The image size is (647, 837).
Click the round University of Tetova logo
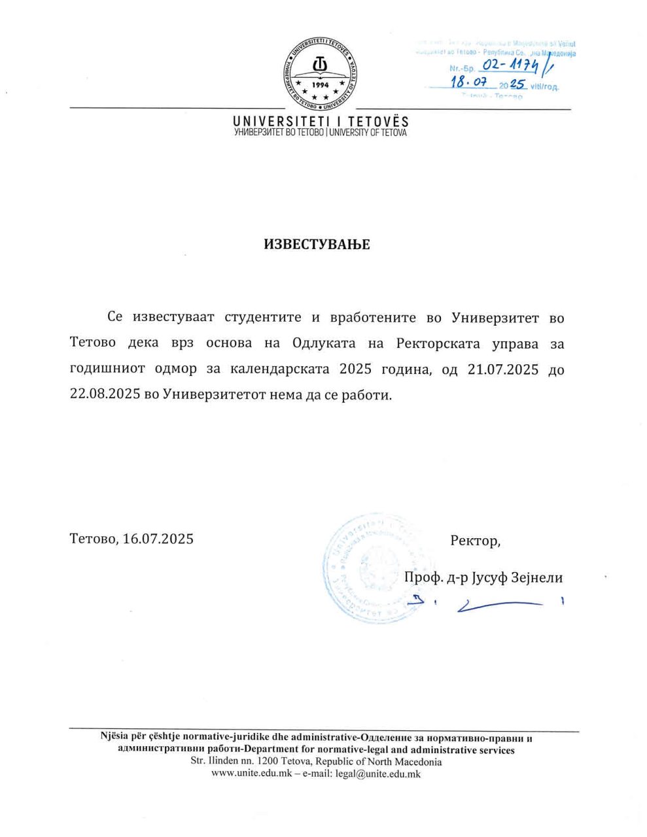coord(321,73)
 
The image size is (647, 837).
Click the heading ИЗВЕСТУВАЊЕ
coord(317,245)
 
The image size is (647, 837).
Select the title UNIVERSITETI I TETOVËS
coord(321,122)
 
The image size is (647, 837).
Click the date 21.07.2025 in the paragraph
coord(503,369)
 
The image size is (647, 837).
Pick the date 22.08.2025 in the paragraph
coord(105,396)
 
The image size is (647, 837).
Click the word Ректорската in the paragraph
coord(438,343)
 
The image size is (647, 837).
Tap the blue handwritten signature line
coord(500,606)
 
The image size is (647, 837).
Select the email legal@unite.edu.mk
coord(378,774)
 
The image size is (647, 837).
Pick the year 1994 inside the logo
coord(321,85)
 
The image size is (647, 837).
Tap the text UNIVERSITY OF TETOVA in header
coord(368,133)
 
